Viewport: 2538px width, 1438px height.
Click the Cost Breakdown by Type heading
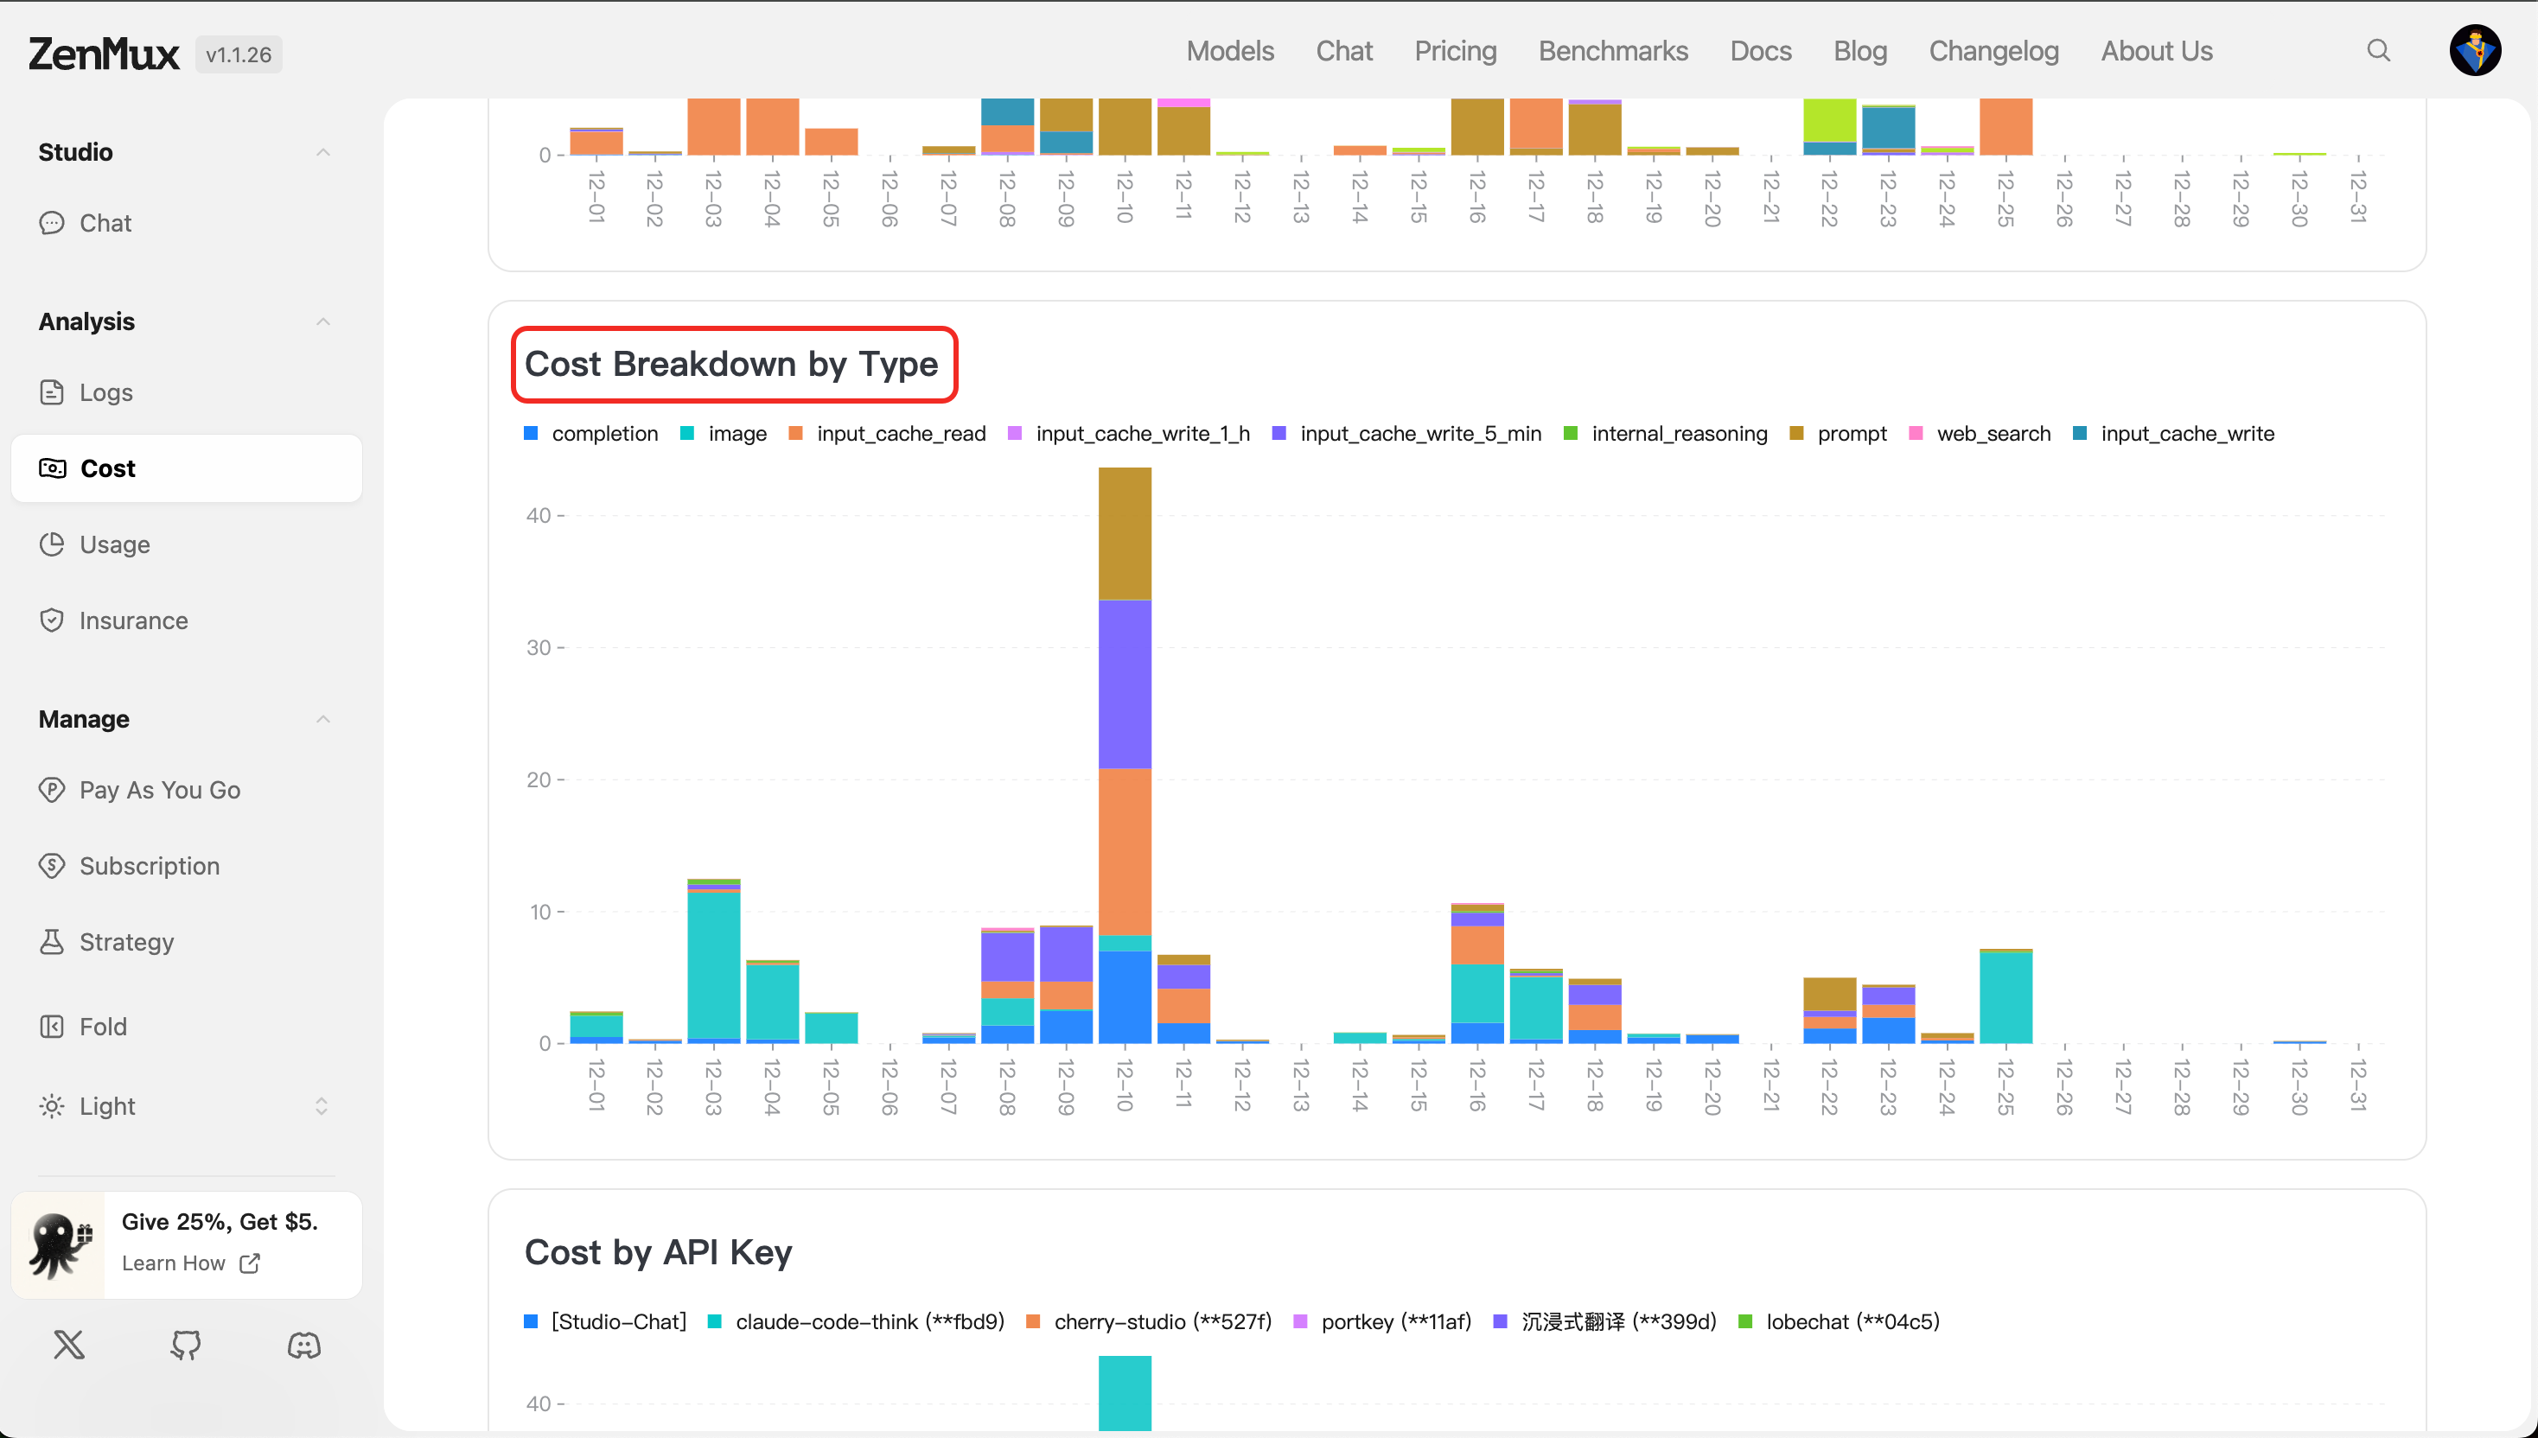pos(731,365)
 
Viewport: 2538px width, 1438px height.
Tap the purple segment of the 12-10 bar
pos(1125,684)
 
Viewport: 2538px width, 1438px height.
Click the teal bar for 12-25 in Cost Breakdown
pos(2005,997)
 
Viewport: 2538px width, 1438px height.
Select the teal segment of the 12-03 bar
pos(713,964)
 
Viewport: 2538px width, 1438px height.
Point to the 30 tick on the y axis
pos(539,648)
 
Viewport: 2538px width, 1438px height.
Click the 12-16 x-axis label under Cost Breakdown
pos(1477,1085)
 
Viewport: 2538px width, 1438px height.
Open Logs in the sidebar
pos(105,393)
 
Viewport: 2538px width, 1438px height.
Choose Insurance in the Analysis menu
pos(133,620)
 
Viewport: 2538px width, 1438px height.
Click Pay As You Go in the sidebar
pos(160,790)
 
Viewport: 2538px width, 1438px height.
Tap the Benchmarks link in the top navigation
pos(1612,50)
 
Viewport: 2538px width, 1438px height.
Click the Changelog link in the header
pos(1993,50)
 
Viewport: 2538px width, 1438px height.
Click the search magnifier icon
pos(2378,50)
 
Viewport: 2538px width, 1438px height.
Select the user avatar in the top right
pos(2474,50)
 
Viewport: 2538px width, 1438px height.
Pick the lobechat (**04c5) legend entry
pos(1852,1321)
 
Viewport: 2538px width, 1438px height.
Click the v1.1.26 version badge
pos(238,54)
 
